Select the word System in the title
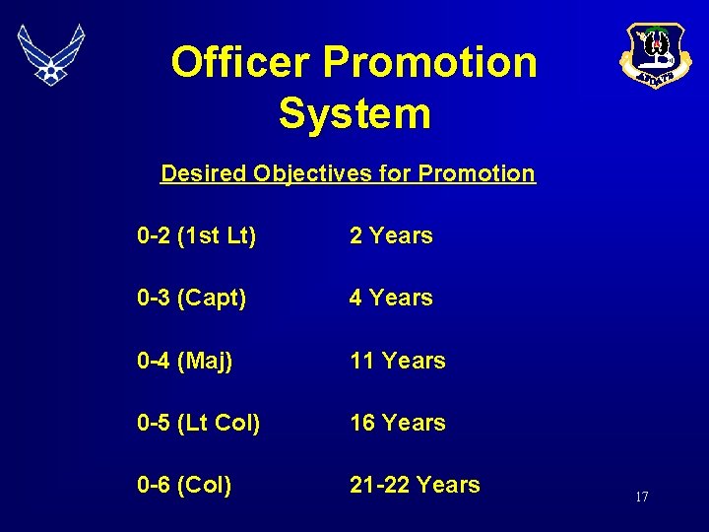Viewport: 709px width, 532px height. click(x=354, y=112)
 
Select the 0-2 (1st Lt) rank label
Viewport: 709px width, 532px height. click(x=197, y=235)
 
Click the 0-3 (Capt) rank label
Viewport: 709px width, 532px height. click(x=192, y=298)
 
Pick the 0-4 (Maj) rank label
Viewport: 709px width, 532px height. click(x=185, y=361)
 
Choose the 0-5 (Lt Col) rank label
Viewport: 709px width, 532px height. click(x=199, y=423)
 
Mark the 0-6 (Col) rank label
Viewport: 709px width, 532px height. click(x=185, y=485)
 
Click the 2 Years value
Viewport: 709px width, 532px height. click(x=391, y=235)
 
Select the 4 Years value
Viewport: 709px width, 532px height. click(x=391, y=298)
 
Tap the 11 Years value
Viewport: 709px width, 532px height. click(x=398, y=361)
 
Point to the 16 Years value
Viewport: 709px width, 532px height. click(x=398, y=423)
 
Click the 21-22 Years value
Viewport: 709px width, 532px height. click(x=415, y=485)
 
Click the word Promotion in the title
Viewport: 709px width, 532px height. click(x=429, y=63)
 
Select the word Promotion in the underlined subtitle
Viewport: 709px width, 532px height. click(x=477, y=174)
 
